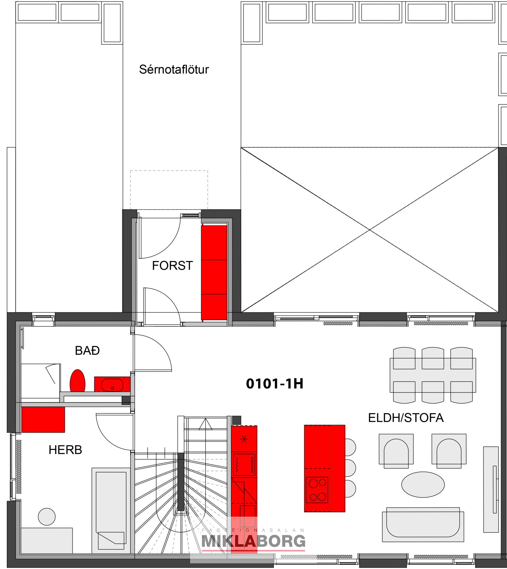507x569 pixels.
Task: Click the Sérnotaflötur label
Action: pyautogui.click(x=174, y=70)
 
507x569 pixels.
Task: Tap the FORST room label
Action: pyautogui.click(x=172, y=266)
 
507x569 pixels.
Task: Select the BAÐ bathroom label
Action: pyautogui.click(x=87, y=350)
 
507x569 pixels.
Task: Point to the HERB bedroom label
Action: pyautogui.click(x=65, y=450)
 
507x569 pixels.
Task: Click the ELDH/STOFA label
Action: pyautogui.click(x=406, y=418)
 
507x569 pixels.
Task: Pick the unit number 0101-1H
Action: pyautogui.click(x=275, y=384)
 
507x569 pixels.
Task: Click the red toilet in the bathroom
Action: pyautogui.click(x=77, y=380)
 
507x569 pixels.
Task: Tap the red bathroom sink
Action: pyautogui.click(x=112, y=384)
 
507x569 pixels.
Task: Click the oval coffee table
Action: pyautogui.click(x=423, y=485)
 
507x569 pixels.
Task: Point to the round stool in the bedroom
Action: pyautogui.click(x=47, y=517)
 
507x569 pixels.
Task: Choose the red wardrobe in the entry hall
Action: pyautogui.click(x=214, y=273)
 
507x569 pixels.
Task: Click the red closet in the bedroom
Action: pyautogui.click(x=43, y=419)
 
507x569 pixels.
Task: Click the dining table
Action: pyautogui.click(x=433, y=375)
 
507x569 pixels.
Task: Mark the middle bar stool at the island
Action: pyautogui.click(x=350, y=468)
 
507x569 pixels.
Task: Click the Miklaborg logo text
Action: pyautogui.click(x=253, y=541)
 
